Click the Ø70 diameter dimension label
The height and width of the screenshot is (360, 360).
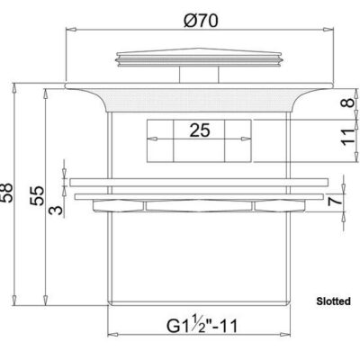click(x=201, y=21)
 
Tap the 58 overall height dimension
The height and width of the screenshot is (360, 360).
click(x=7, y=193)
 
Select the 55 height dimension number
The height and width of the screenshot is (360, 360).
click(x=38, y=195)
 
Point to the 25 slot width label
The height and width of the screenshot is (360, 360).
click(x=200, y=130)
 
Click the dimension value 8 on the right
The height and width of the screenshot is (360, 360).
click(x=348, y=103)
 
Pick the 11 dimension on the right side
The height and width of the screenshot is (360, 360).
click(x=348, y=137)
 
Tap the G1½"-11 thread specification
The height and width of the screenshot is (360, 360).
click(x=202, y=325)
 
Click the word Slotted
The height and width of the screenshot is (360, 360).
click(x=333, y=301)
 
